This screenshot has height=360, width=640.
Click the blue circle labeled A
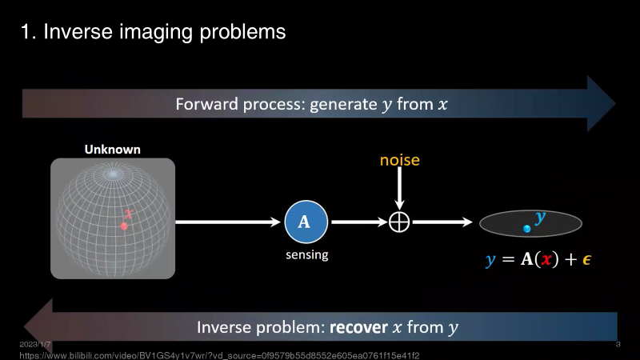(x=304, y=222)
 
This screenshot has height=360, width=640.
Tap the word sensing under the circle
(x=306, y=255)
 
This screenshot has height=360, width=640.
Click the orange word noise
(x=399, y=161)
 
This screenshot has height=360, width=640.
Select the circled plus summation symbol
(x=399, y=222)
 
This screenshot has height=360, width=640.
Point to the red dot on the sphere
(x=124, y=226)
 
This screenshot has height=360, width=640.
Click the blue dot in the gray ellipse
(x=526, y=229)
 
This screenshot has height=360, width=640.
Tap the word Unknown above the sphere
(x=113, y=150)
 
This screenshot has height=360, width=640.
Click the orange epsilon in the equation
(x=586, y=259)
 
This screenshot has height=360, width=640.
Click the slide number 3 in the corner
(x=618, y=344)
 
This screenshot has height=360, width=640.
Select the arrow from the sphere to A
(x=229, y=222)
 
